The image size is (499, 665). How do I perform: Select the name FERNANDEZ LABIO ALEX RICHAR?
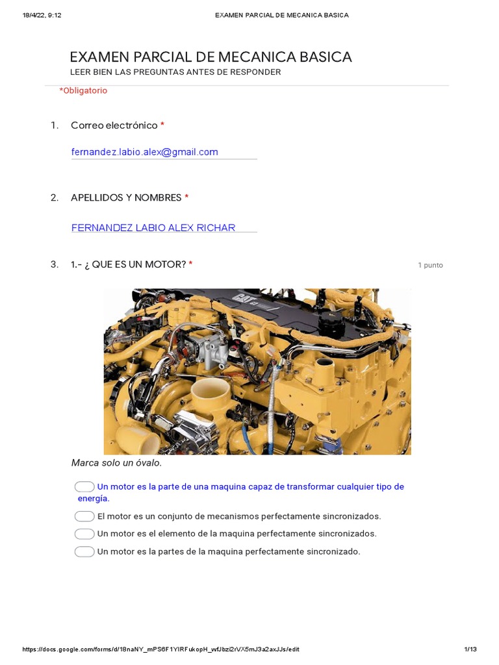153,227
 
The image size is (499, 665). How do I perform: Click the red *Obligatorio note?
83,91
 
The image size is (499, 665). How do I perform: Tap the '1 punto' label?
430,265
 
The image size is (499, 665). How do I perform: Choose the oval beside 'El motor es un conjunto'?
84,516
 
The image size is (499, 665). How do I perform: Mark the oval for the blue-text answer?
84,486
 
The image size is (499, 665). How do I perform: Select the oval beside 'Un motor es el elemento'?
84,534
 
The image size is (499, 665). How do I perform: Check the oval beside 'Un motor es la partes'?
84,551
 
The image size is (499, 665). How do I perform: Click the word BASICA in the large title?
322,57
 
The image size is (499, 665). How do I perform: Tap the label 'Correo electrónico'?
114,125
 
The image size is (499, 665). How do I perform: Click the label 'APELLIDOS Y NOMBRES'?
126,197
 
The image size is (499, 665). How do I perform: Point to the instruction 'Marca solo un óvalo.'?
116,463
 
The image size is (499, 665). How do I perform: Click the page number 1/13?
470,649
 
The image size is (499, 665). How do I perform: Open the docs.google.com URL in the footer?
160,649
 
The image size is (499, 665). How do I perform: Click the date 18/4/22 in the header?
36,15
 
